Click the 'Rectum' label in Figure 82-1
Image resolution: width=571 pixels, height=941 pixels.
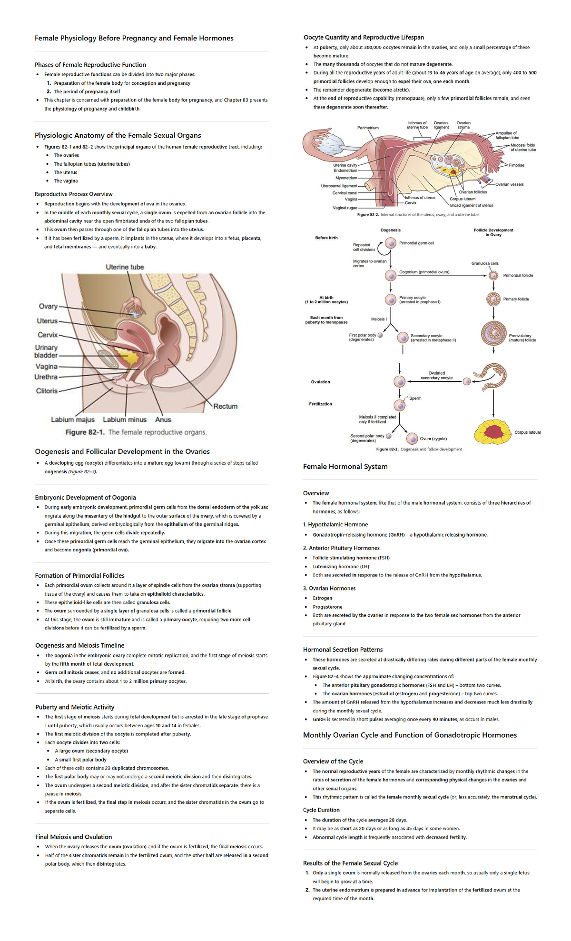[225, 406]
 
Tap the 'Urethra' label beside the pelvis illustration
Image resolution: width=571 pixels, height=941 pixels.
[46, 377]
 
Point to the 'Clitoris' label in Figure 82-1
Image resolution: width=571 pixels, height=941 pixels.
[47, 391]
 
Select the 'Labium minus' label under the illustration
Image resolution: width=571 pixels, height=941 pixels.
[125, 420]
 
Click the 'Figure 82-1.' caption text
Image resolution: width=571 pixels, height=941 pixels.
[86, 432]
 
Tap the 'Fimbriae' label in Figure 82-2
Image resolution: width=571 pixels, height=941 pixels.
[516, 165]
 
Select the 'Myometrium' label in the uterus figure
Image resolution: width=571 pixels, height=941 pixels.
[346, 178]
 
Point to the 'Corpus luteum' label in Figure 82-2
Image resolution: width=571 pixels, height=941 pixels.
[463, 199]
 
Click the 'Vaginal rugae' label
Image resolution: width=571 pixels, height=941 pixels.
[345, 208]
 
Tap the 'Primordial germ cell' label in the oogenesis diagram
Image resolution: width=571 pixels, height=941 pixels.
[416, 243]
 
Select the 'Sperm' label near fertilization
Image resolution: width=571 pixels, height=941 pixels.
[415, 398]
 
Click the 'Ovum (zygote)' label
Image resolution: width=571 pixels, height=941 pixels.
[433, 439]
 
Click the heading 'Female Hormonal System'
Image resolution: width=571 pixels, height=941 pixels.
[345, 467]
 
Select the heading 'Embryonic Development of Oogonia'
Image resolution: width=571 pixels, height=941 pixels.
[86, 498]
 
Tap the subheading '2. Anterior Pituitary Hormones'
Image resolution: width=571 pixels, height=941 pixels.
[341, 548]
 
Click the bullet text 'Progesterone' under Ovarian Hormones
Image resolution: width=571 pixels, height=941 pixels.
[327, 607]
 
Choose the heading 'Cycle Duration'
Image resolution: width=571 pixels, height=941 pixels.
[321, 810]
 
